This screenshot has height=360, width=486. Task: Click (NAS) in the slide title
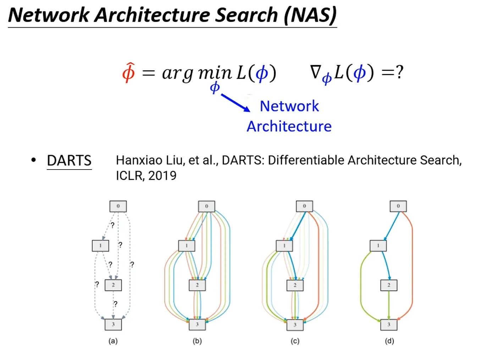coord(310,15)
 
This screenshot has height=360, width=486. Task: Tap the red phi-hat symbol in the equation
coord(128,72)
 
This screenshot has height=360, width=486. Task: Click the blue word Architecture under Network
coord(289,126)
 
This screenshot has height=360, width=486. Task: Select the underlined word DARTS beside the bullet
coord(69,161)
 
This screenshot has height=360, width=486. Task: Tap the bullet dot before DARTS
coord(34,160)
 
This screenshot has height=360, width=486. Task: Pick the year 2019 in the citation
coord(162,176)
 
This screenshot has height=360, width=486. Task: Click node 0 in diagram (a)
coord(118,206)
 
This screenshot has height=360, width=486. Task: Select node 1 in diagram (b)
coord(187,245)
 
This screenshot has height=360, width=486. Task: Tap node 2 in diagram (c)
coord(295,285)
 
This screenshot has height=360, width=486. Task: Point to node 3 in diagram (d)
coord(389,325)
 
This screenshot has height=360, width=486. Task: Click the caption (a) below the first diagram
coord(113,341)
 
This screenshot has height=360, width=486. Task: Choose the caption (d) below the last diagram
coord(390,341)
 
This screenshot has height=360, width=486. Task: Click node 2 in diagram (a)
coord(113,285)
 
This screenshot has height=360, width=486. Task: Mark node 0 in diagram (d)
coord(398,206)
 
